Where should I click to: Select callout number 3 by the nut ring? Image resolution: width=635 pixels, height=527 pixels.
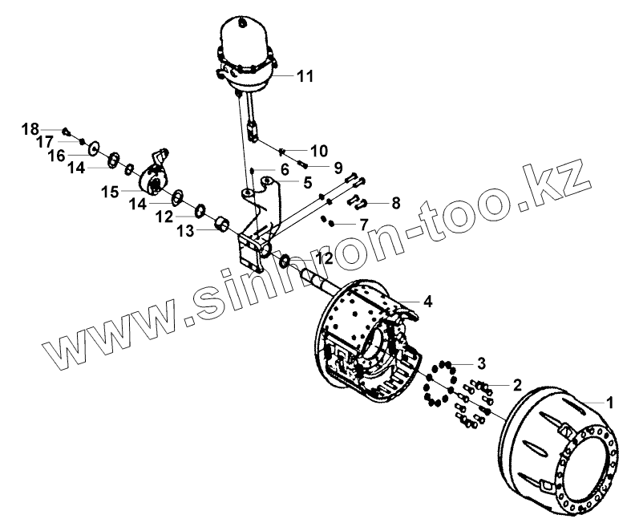coord(481,360)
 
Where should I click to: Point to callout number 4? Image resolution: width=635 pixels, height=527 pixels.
coord(428,302)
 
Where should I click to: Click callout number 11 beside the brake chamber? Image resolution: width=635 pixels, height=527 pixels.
coord(304,76)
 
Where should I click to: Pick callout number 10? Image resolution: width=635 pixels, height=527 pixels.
coord(319,150)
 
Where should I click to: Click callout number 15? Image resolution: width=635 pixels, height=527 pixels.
coord(109,192)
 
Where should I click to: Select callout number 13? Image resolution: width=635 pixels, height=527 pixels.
coord(185,231)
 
